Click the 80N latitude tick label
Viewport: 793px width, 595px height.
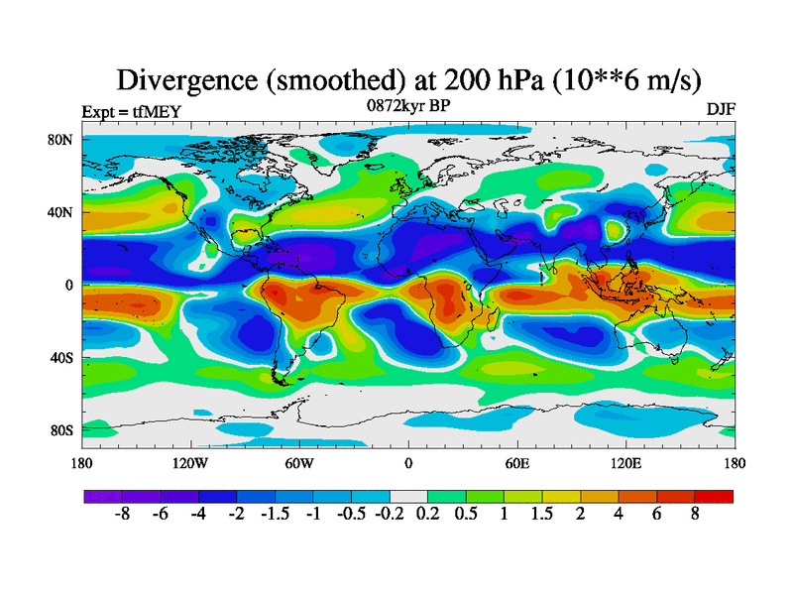click(61, 140)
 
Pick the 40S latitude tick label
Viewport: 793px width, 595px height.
click(62, 358)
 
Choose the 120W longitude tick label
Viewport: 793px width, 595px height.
click(190, 463)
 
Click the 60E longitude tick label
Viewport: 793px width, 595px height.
click(517, 463)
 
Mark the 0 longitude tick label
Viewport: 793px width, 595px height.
click(408, 463)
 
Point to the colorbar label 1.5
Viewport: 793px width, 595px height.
click(542, 516)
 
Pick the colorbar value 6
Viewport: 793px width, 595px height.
click(657, 516)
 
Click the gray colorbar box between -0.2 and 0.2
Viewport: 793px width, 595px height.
click(408, 496)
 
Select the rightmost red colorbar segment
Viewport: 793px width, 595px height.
click(715, 496)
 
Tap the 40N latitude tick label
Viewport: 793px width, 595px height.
click(61, 212)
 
